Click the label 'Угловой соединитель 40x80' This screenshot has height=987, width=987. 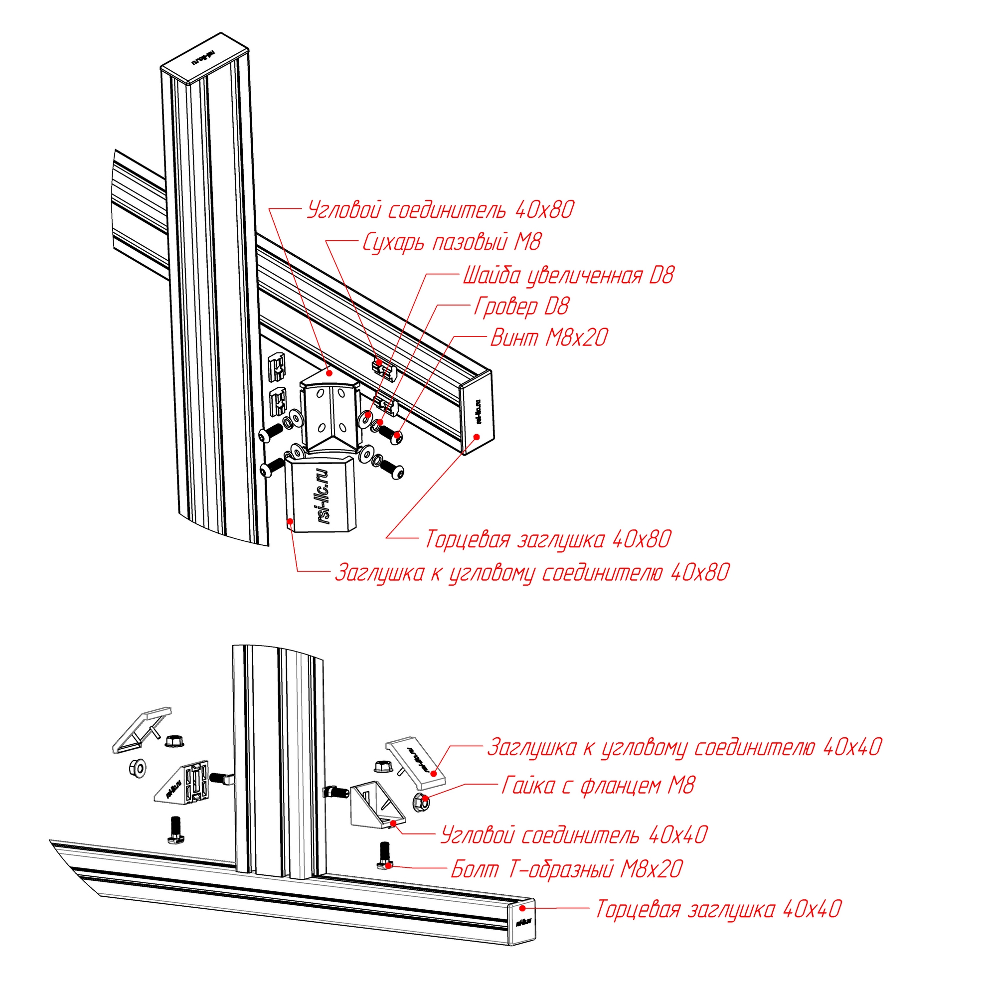(440, 210)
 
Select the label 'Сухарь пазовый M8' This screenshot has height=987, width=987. (452, 243)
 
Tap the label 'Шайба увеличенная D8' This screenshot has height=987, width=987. (568, 276)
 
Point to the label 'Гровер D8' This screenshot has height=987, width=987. (521, 307)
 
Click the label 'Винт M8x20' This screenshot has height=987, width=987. (549, 337)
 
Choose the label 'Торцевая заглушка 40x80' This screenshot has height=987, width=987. (548, 539)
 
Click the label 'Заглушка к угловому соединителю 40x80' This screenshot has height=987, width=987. (532, 573)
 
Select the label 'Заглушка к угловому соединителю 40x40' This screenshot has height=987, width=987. (684, 747)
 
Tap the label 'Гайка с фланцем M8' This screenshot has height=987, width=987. (598, 785)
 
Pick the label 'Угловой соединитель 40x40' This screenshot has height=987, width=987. (573, 835)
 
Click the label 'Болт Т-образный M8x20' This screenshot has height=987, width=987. (567, 869)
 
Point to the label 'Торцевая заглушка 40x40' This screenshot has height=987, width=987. (718, 909)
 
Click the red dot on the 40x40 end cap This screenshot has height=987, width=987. (522, 908)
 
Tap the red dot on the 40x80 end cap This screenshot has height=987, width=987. (476, 436)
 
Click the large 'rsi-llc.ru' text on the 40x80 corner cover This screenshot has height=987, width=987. (324, 495)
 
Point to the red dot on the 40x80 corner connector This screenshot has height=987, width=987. (329, 372)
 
